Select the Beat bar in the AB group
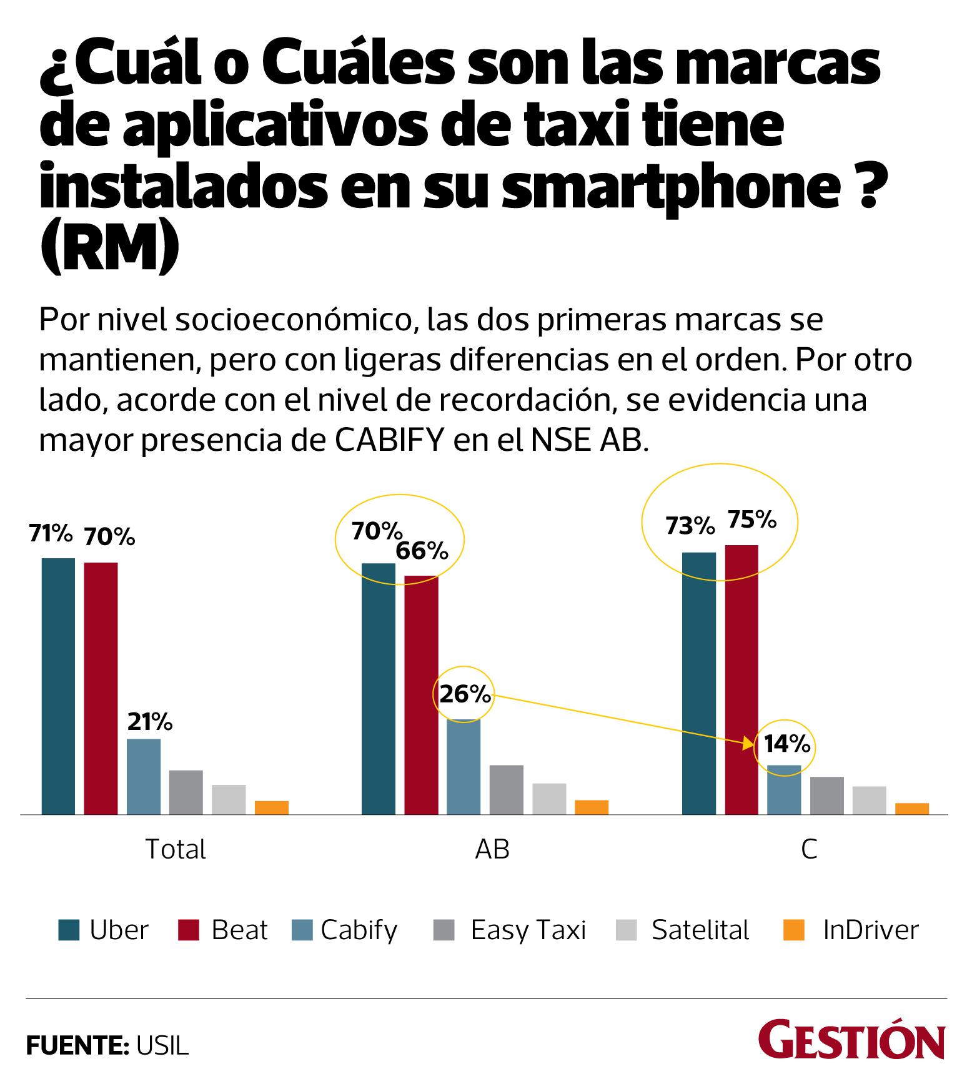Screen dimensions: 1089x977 (421, 694)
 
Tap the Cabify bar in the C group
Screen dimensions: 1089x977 (784, 789)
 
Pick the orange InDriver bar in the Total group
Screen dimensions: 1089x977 (271, 807)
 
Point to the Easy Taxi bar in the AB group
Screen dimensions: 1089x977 (506, 789)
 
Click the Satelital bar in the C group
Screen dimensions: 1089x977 (869, 800)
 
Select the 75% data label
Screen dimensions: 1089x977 (751, 520)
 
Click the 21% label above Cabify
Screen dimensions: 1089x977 (150, 722)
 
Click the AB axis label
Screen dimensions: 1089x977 (492, 849)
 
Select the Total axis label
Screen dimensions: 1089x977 (175, 849)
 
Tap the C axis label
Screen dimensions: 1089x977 (809, 849)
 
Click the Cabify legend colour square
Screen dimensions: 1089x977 (302, 930)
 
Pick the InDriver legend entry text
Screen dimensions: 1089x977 (871, 930)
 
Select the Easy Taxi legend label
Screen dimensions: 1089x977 (528, 930)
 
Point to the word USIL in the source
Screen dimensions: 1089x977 (161, 1047)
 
